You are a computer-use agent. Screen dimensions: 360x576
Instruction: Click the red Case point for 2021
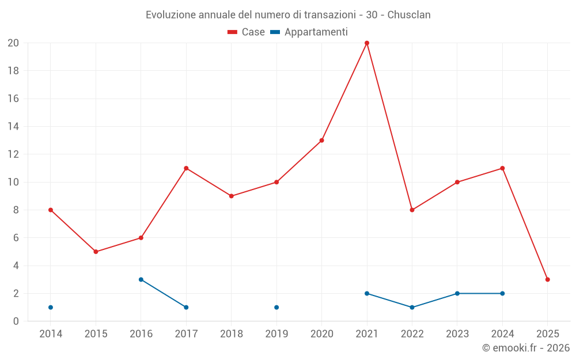pos(367,43)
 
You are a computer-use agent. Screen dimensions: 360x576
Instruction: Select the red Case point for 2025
pos(548,279)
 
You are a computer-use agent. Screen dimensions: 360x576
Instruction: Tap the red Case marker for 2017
pos(186,168)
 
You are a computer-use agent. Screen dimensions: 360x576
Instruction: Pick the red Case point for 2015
pos(96,252)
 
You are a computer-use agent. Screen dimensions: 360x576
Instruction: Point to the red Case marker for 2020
pos(322,141)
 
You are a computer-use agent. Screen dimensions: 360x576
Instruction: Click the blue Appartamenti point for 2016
pos(141,279)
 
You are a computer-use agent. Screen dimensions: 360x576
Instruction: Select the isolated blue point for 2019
pos(276,308)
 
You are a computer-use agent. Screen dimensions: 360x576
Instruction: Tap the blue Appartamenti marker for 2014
pos(51,308)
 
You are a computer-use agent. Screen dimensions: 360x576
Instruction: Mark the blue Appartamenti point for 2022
pos(412,308)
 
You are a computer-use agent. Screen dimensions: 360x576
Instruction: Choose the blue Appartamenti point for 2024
pos(502,293)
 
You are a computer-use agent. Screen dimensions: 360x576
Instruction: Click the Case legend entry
pos(247,32)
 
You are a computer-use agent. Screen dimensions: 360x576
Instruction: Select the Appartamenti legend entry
pos(309,32)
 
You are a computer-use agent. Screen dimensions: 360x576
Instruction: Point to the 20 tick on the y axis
pos(13,43)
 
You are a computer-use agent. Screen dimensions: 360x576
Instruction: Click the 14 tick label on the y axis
pos(13,127)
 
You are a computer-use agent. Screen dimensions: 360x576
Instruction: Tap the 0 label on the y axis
pos(16,321)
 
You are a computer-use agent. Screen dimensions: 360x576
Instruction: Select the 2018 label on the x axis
pos(232,334)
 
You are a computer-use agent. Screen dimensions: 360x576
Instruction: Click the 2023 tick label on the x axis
pos(457,334)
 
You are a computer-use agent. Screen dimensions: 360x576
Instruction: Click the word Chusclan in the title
pos(409,15)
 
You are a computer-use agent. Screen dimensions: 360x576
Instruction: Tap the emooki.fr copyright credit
pos(526,348)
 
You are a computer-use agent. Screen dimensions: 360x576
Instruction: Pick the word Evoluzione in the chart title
pos(169,15)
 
